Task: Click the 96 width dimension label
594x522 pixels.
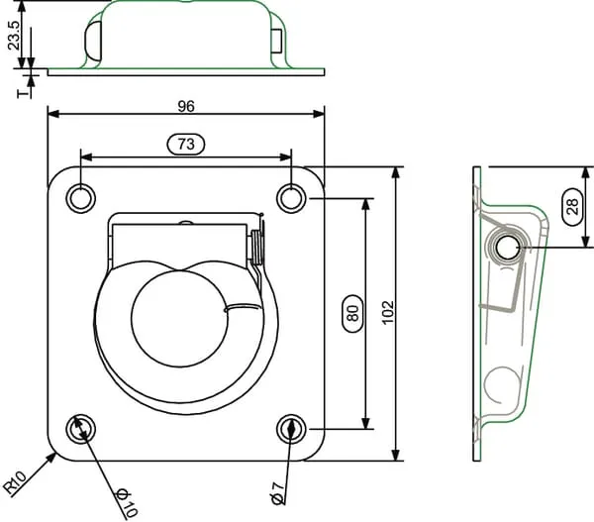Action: point(186,107)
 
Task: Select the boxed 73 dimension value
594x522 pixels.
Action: point(186,144)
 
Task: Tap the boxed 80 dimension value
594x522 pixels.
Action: point(352,314)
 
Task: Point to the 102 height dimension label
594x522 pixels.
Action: point(388,313)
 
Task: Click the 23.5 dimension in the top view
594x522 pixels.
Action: point(14,36)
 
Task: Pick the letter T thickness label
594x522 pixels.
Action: point(24,93)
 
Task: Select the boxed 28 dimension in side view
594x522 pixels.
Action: point(573,207)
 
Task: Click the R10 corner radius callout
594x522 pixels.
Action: point(15,481)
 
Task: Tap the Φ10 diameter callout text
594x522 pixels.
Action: point(127,503)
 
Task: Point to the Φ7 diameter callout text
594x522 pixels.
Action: point(278,493)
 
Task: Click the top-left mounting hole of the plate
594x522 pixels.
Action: point(81,198)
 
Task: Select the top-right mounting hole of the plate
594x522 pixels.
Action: point(291,198)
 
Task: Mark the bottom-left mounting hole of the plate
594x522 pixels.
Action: point(81,429)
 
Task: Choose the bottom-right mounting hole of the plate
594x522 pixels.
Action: point(291,429)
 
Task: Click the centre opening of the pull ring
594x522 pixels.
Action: point(180,319)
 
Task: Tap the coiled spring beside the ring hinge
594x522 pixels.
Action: point(257,248)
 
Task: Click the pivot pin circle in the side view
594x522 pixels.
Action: point(507,249)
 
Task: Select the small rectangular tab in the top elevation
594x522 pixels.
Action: point(277,41)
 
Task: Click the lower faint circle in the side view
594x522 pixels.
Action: point(503,384)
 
